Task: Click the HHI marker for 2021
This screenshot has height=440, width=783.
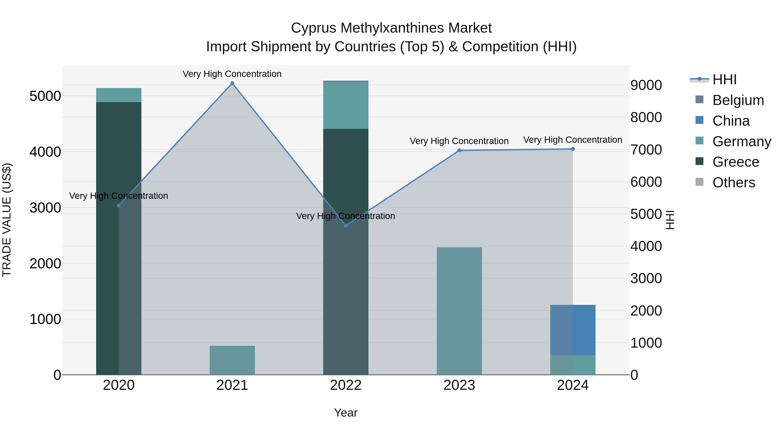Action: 232,83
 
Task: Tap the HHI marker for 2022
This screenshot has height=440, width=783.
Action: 346,225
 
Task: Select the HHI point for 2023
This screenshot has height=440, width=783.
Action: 459,150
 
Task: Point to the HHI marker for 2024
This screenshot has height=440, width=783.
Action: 573,149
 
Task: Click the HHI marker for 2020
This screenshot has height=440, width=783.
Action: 119,206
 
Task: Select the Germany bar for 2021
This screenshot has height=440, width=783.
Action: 232,360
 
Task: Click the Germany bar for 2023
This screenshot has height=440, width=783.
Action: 459,311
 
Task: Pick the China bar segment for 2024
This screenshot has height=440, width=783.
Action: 573,330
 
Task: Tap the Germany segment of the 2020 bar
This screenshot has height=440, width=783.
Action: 119,95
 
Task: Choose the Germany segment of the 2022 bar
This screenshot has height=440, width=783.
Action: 346,105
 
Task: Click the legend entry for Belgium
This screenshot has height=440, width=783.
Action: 738,100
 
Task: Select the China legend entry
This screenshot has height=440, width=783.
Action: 731,121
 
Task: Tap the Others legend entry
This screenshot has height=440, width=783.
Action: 733,183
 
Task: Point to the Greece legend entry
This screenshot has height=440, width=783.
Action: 736,162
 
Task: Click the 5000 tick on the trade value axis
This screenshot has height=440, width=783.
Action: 45,96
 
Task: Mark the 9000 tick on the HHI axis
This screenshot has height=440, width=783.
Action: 646,85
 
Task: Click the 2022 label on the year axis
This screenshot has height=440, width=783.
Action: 346,385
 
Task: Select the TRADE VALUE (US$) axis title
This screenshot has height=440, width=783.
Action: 7,220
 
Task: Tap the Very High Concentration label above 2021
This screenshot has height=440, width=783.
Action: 232,74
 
